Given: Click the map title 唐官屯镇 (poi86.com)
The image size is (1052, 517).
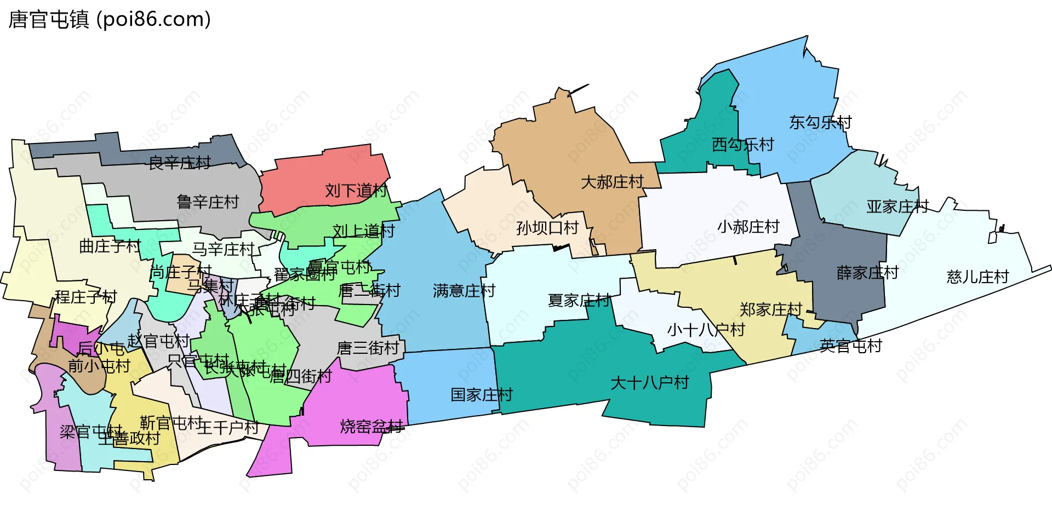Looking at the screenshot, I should [x=110, y=20].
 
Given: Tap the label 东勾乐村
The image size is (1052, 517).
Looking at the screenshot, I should [x=820, y=123].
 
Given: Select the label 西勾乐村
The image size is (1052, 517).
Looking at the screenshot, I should [x=742, y=145].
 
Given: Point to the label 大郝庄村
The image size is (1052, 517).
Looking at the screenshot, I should [x=612, y=182].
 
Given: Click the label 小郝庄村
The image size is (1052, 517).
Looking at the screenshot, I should [x=748, y=227].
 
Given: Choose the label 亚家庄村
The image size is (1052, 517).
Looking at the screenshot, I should [x=897, y=206].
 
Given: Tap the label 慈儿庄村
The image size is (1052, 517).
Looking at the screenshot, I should [x=977, y=277].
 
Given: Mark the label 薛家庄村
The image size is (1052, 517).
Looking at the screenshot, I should [x=868, y=273].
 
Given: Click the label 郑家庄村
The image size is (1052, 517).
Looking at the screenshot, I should [x=771, y=309].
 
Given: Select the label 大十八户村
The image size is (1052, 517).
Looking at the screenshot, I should [x=649, y=383].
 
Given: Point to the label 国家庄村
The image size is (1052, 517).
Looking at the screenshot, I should [x=482, y=395].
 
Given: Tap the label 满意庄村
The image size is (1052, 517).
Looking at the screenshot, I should [x=464, y=291].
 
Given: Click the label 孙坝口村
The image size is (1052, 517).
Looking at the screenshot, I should [x=547, y=228].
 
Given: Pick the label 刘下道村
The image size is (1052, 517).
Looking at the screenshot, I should [x=356, y=191].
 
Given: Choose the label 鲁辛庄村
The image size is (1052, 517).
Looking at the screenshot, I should [x=208, y=202].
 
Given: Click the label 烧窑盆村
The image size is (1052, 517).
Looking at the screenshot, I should [x=371, y=426].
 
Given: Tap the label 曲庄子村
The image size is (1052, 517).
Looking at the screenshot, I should [x=110, y=246].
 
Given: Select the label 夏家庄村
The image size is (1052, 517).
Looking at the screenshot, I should [x=579, y=300].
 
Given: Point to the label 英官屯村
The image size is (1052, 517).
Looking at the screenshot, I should [x=851, y=346].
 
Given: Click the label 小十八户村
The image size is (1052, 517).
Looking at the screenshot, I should [x=706, y=330].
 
